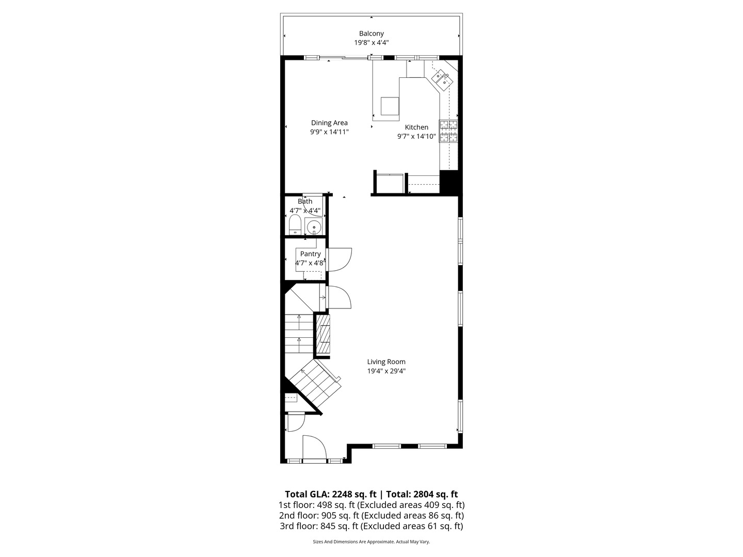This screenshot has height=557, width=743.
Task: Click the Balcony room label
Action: click(372, 34)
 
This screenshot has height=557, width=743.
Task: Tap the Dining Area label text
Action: click(329, 123)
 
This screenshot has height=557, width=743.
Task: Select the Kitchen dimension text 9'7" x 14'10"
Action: click(416, 137)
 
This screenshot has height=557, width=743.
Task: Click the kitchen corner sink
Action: click(441, 78)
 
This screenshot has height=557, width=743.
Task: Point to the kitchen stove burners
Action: click(448, 131)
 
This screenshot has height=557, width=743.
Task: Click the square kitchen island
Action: click(390, 106)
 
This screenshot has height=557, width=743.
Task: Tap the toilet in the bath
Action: click(295, 225)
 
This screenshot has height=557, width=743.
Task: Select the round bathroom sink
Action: click(313, 227)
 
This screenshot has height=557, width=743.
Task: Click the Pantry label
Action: click(310, 254)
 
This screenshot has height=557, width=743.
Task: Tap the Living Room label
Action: click(386, 362)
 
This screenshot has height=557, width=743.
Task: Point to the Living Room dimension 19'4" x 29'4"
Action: click(386, 371)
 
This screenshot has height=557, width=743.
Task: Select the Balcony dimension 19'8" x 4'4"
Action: click(372, 43)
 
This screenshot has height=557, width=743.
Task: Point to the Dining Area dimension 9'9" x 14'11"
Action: click(329, 132)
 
